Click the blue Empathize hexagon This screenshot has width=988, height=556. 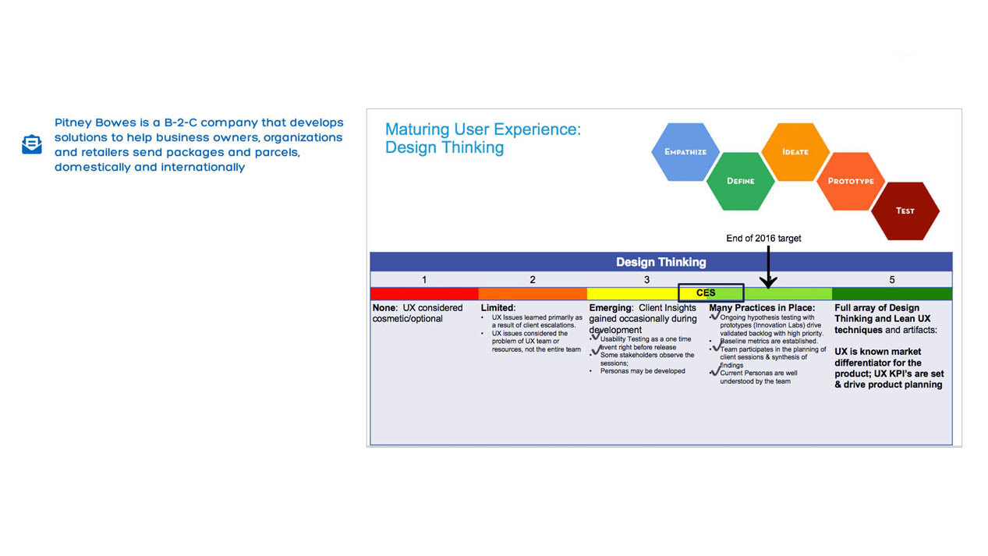tap(685, 151)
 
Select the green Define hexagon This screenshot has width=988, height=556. tap(741, 181)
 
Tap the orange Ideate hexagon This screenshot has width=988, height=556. tap(795, 151)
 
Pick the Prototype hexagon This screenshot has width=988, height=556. tap(851, 181)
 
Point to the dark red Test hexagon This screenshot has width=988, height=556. tap(905, 211)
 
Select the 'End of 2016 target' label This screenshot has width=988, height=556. tap(763, 238)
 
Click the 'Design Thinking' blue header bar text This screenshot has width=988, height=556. tap(660, 262)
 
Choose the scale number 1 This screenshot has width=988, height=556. tap(424, 279)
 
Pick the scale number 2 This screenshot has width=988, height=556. tap(533, 279)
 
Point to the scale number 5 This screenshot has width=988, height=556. tap(892, 279)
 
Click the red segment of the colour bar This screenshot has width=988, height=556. tap(424, 294)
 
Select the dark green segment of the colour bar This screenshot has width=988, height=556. tap(892, 294)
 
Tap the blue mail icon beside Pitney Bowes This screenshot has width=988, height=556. tap(32, 144)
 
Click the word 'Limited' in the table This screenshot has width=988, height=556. tap(498, 308)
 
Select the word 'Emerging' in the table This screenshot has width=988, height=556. tap(610, 308)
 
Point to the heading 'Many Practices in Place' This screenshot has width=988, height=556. tap(762, 308)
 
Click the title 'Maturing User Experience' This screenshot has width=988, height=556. tap(483, 129)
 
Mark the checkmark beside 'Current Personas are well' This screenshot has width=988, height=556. tap(715, 372)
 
